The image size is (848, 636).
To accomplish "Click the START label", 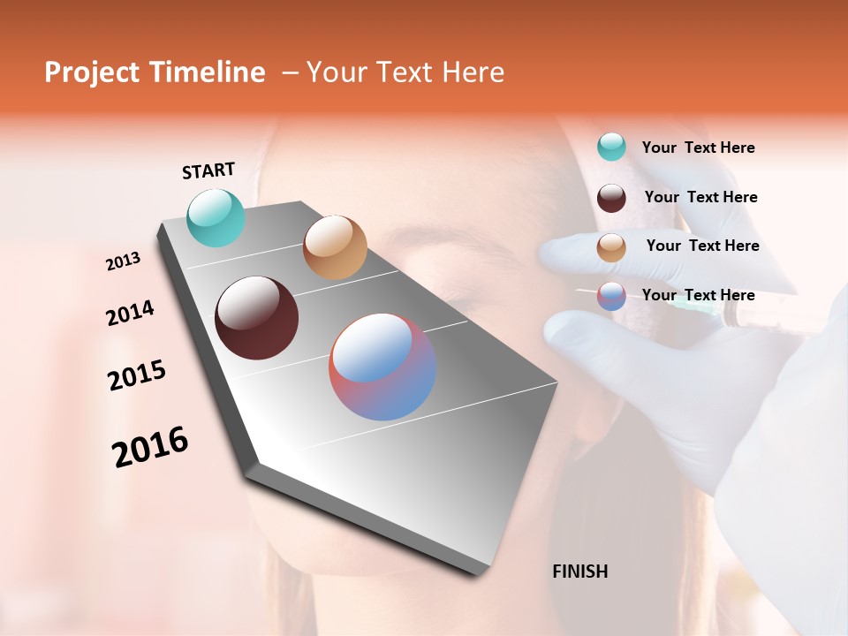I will click(208, 170).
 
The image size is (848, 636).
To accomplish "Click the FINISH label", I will click(579, 572).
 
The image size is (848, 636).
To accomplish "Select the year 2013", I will click(124, 261).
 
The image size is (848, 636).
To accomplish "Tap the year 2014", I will click(130, 313).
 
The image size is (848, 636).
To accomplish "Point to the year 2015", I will click(137, 375).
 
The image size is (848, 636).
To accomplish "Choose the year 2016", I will click(150, 446).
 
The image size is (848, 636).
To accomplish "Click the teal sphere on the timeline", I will click(216, 217).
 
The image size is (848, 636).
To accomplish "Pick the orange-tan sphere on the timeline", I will click(335, 246).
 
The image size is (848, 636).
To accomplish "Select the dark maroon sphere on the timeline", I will click(257, 318).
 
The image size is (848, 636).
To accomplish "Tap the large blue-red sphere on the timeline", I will click(382, 367).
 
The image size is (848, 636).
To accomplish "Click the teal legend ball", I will click(611, 147).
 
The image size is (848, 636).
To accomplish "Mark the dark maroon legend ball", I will click(611, 197).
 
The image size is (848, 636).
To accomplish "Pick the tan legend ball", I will click(611, 247).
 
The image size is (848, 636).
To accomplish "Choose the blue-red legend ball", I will click(611, 296).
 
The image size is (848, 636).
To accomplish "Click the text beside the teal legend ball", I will click(698, 148).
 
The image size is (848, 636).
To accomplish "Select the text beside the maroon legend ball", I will click(700, 197).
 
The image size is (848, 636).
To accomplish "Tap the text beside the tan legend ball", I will click(702, 246).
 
